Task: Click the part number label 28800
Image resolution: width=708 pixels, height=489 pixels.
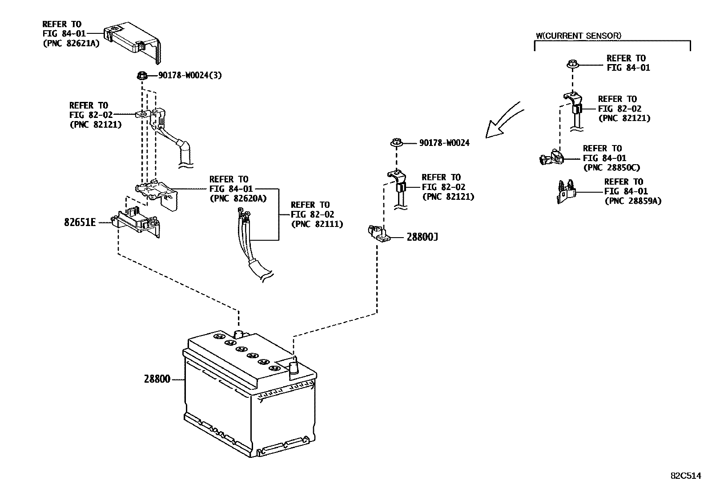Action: click(x=157, y=380)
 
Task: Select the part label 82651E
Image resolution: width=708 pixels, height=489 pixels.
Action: click(x=80, y=222)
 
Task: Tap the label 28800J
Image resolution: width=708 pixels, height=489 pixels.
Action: click(x=422, y=237)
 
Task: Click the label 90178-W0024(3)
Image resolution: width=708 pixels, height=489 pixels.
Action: click(x=190, y=76)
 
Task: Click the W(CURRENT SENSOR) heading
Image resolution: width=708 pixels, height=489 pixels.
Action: click(x=578, y=36)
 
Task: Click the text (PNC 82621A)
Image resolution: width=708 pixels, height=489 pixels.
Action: click(x=71, y=43)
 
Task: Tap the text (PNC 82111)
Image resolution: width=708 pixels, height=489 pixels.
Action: click(x=317, y=224)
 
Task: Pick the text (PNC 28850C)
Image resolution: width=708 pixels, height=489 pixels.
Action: click(x=611, y=168)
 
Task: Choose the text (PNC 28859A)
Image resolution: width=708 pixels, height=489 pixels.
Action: click(x=633, y=201)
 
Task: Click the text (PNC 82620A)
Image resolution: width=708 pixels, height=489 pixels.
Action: click(x=238, y=198)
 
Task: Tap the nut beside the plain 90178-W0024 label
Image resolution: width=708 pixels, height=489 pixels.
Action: click(x=395, y=143)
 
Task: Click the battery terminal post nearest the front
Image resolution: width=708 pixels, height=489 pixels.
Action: click(x=294, y=369)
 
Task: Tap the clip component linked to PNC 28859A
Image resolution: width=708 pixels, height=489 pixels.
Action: click(x=566, y=192)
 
